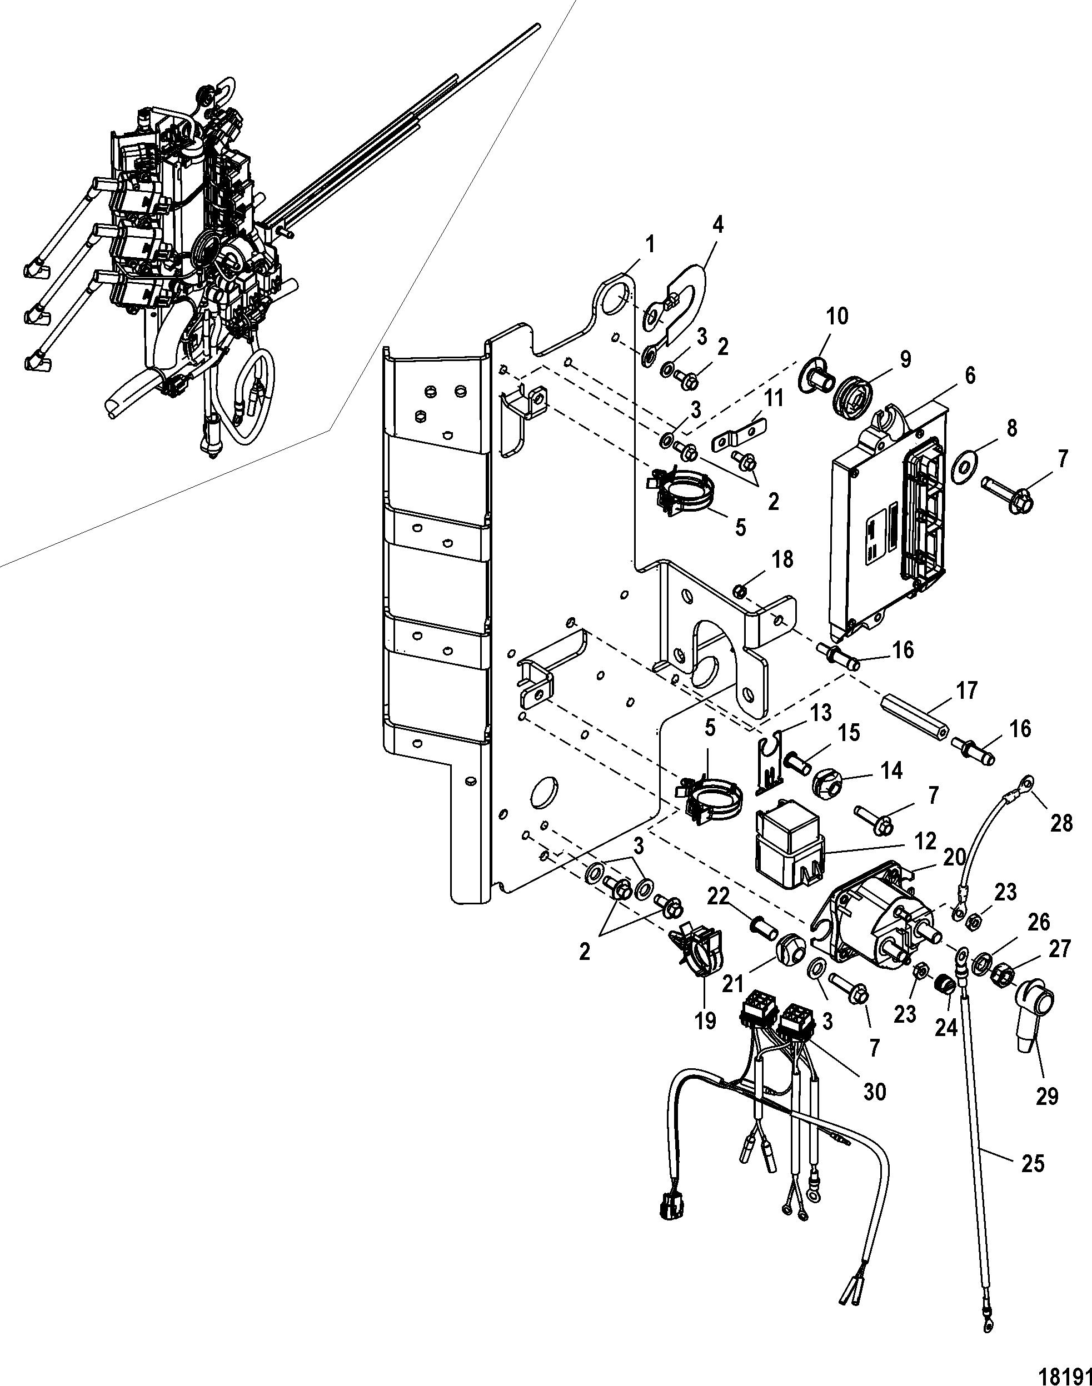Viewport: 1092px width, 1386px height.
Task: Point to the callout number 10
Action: tap(837, 316)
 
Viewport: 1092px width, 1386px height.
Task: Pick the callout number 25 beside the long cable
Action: tap(1033, 1164)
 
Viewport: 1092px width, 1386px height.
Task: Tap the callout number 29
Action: tap(1047, 1096)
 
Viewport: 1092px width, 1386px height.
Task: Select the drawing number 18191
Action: tap(1069, 1372)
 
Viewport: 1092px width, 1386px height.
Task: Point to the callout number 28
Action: tap(1061, 823)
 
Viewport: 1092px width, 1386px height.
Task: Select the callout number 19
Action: tap(706, 1020)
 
